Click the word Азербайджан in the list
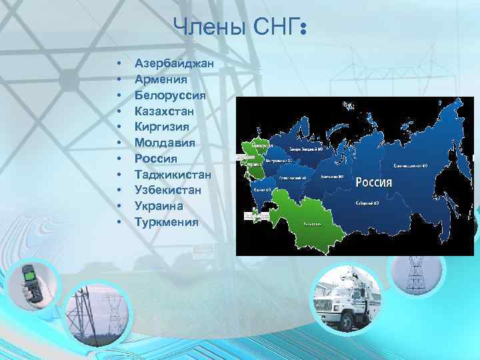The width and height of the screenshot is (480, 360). (173, 63)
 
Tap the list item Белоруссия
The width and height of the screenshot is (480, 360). (170, 95)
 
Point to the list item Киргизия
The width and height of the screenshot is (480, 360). (162, 127)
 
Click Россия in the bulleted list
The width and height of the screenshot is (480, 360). (156, 159)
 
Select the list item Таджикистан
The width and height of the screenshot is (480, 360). (173, 175)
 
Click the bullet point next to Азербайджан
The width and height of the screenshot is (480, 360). (118, 64)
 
